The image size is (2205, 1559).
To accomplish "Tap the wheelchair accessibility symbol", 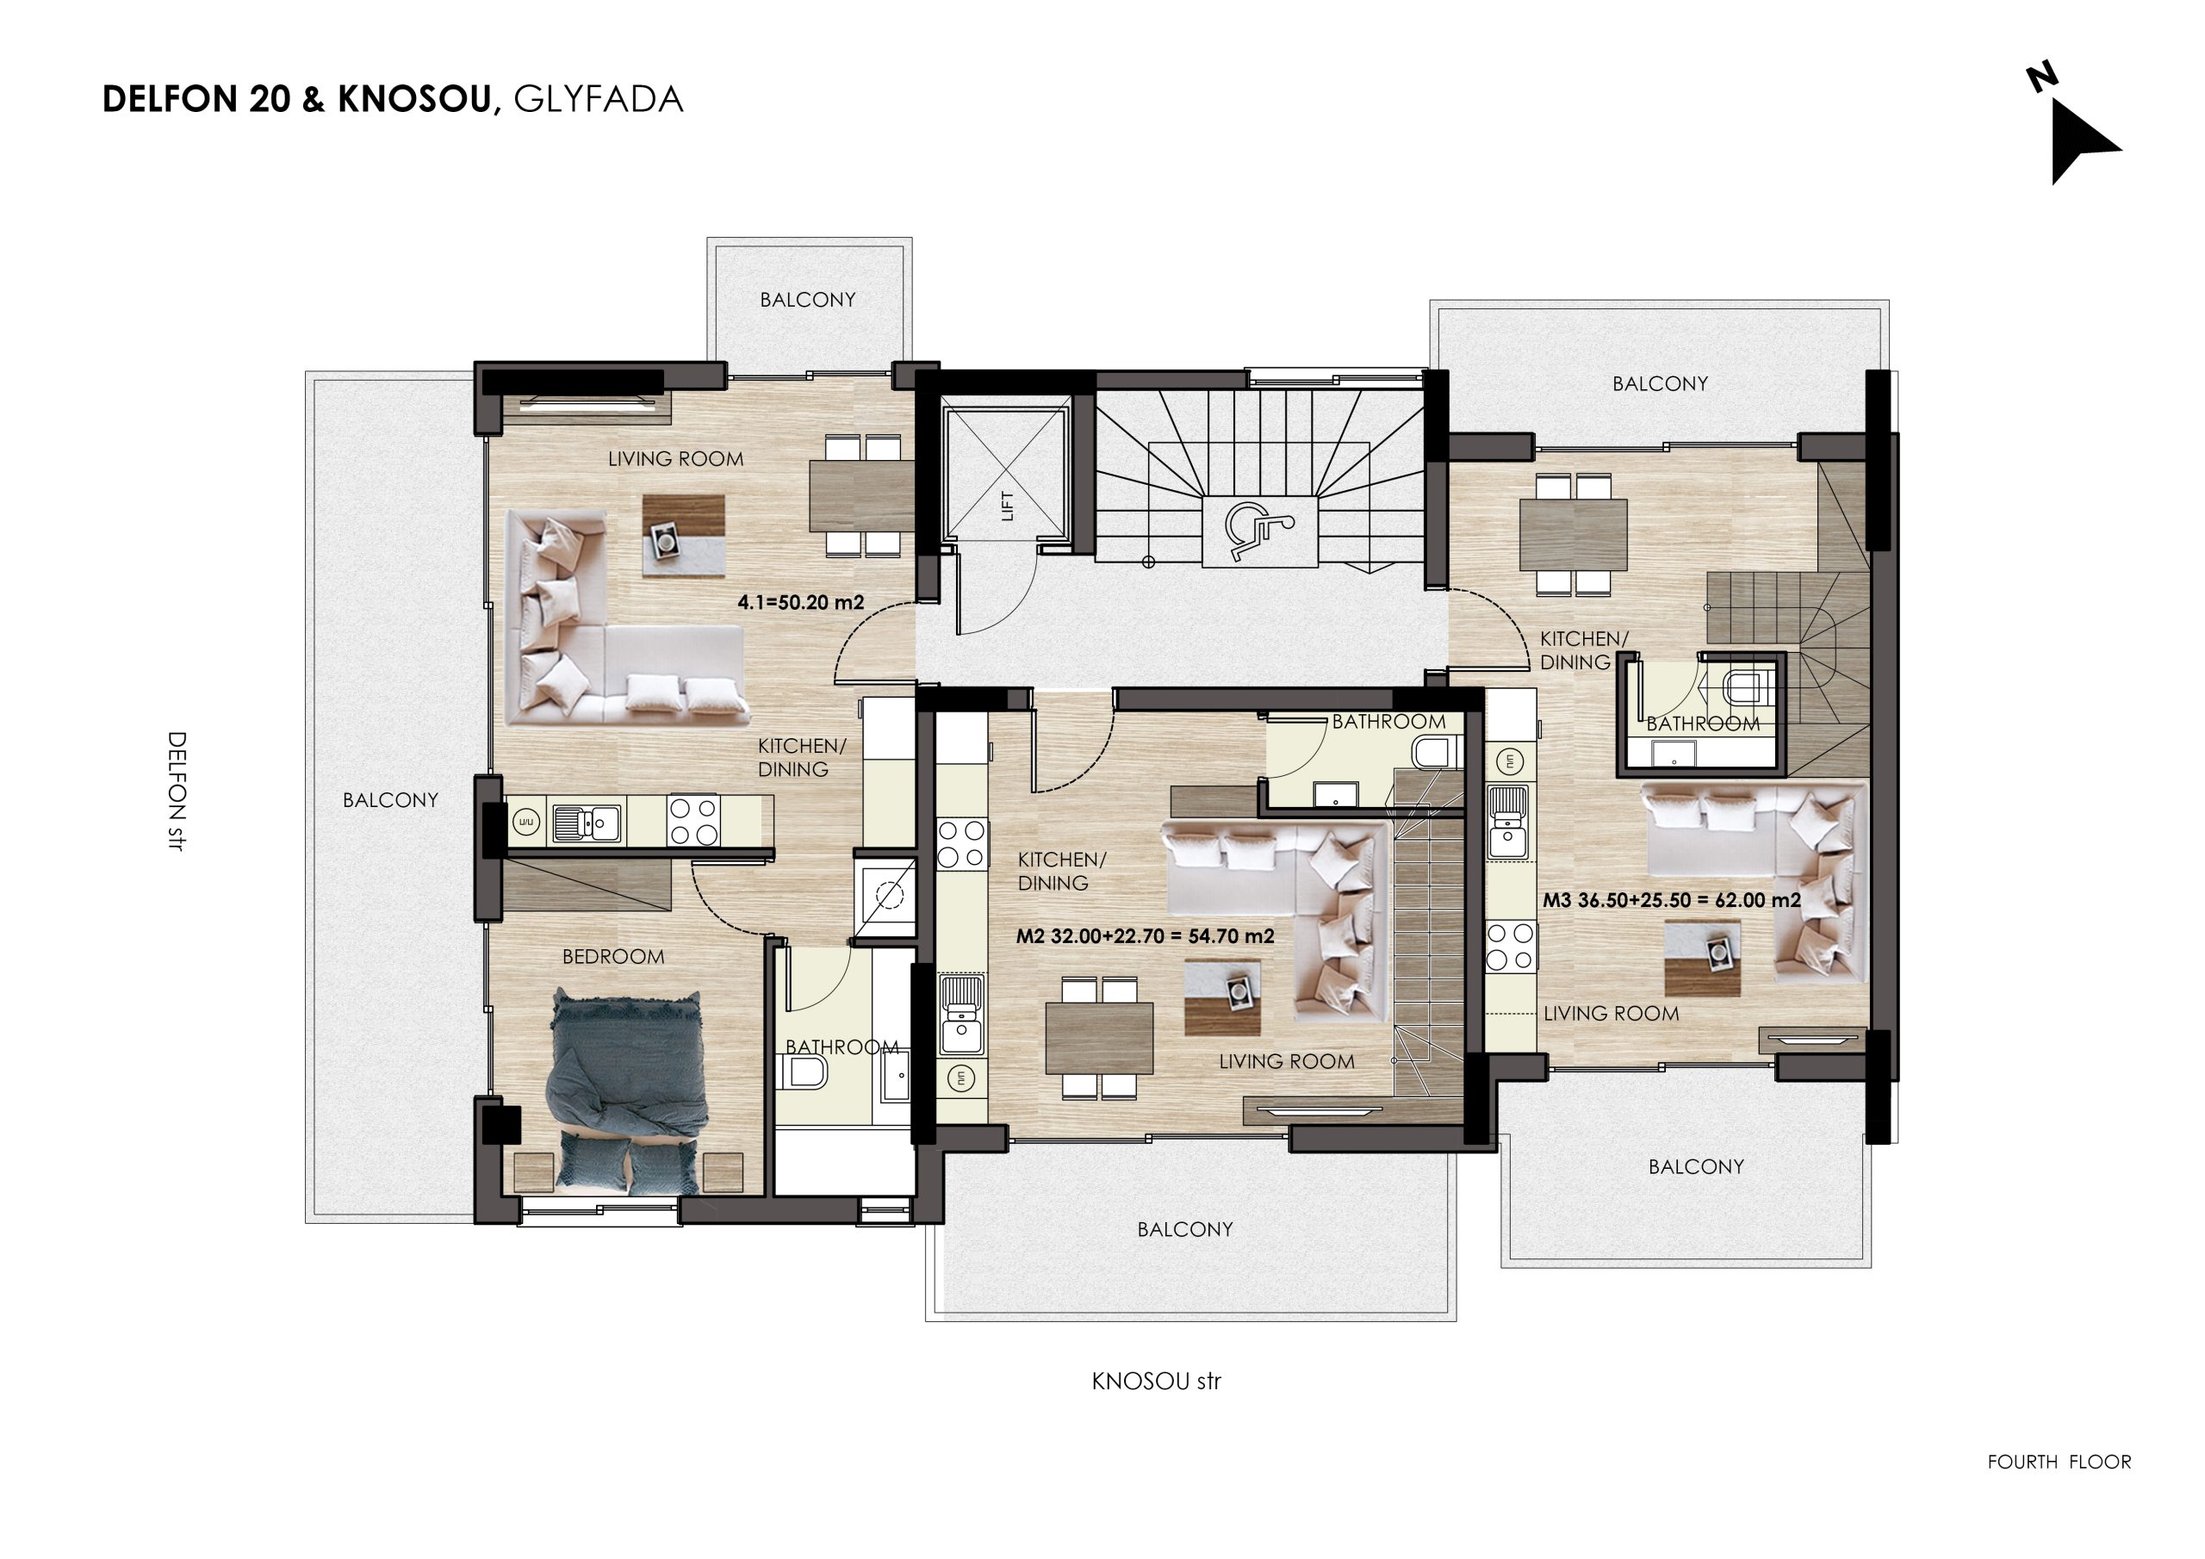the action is [x=1259, y=531].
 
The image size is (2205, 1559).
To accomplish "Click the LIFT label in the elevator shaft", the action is [x=1007, y=506].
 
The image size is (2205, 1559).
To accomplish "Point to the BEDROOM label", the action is [x=612, y=957].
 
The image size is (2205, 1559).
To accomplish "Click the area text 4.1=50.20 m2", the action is [x=800, y=602].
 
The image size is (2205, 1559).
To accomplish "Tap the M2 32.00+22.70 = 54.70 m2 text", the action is [x=1145, y=935].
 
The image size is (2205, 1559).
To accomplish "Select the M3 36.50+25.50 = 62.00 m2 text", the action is [x=1671, y=900].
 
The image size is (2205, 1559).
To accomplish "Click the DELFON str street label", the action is [x=177, y=792].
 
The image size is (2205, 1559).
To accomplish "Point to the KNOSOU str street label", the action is [x=1156, y=1382].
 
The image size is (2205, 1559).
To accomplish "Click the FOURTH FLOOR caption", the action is [x=2059, y=1462].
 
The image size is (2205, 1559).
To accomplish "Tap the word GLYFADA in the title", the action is [x=599, y=99].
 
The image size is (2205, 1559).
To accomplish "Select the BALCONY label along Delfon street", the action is [x=390, y=800].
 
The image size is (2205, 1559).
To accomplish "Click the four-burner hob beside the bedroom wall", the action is [x=693, y=822].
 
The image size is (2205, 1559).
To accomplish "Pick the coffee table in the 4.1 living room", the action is [x=684, y=536].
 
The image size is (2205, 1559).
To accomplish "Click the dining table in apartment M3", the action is [x=1573, y=535].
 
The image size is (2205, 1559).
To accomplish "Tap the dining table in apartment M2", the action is [x=1099, y=1037].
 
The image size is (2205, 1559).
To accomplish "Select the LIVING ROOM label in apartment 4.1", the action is [x=675, y=459].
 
